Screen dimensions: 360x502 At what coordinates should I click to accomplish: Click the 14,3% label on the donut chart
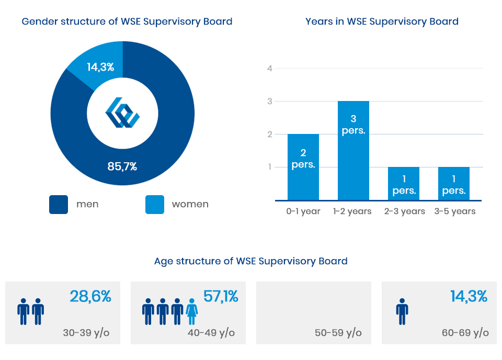click(100, 67)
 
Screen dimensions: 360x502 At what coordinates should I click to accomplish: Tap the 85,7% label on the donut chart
click(122, 167)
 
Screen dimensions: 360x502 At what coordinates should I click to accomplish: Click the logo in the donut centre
click(122, 113)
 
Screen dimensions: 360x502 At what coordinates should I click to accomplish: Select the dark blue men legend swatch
click(59, 204)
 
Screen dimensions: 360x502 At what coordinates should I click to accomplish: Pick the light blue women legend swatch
click(154, 204)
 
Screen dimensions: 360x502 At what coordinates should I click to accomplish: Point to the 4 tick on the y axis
click(270, 68)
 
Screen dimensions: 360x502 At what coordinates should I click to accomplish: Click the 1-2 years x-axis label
click(352, 211)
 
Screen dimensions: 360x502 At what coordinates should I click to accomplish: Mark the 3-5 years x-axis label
click(455, 211)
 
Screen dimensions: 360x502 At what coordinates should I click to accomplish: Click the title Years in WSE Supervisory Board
click(382, 21)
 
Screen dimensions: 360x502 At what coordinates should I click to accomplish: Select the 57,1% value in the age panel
click(221, 297)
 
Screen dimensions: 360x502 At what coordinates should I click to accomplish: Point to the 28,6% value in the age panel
click(90, 297)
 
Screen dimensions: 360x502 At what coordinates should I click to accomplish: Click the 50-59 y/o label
click(338, 333)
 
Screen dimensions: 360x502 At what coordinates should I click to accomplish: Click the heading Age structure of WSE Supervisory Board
click(251, 261)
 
